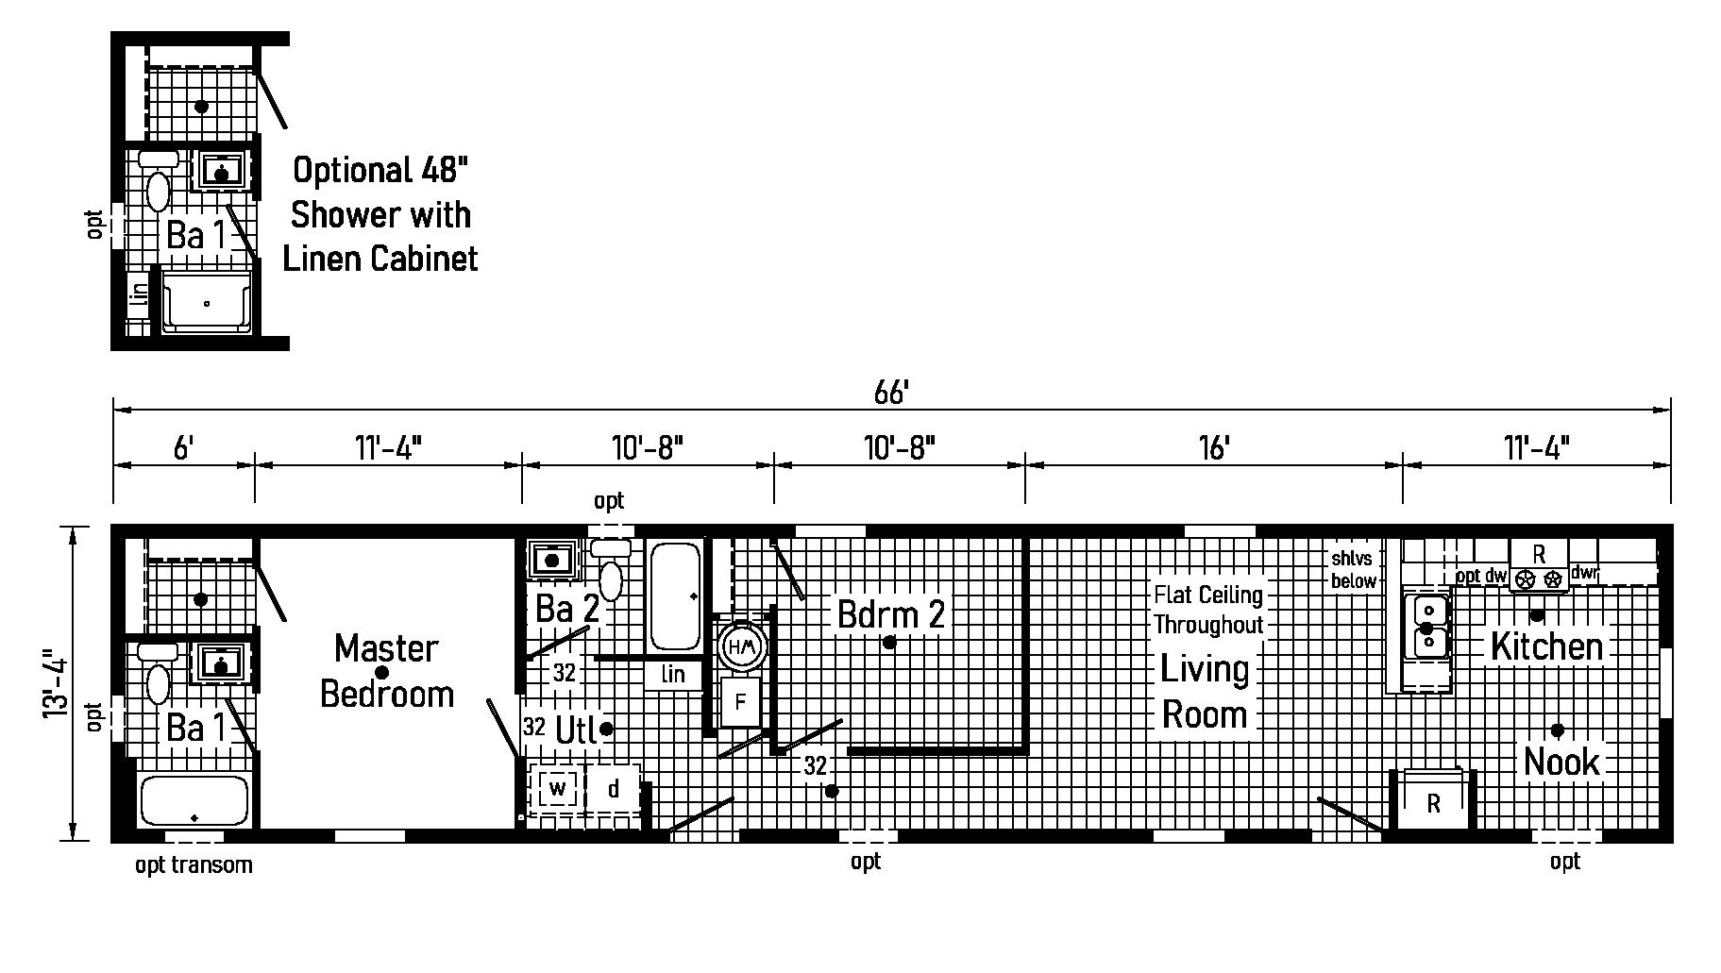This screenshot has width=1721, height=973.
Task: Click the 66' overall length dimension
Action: (890, 393)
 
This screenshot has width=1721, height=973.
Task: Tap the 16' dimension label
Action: (1214, 448)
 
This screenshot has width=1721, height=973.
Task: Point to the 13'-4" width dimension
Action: (55, 683)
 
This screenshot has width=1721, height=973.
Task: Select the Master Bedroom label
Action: (387, 671)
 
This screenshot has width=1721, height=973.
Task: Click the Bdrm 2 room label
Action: (890, 614)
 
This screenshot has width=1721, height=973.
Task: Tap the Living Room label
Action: (1205, 691)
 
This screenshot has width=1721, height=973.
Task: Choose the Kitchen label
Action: (1546, 646)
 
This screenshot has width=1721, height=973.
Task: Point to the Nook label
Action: (1561, 762)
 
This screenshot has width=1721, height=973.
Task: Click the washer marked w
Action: (558, 788)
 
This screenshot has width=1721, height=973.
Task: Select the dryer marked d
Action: (614, 789)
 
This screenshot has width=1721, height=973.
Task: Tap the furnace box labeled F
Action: (741, 702)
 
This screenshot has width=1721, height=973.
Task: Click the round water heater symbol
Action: (742, 646)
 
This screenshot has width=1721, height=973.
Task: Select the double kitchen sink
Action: (1426, 628)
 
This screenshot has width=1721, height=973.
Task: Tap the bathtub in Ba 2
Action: (675, 596)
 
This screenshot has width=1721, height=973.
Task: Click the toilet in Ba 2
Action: (611, 571)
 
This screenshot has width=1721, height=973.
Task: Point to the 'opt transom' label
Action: (194, 864)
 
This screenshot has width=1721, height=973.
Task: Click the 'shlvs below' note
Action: (1353, 570)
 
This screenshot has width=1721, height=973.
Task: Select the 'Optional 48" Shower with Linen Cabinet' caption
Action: (380, 214)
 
